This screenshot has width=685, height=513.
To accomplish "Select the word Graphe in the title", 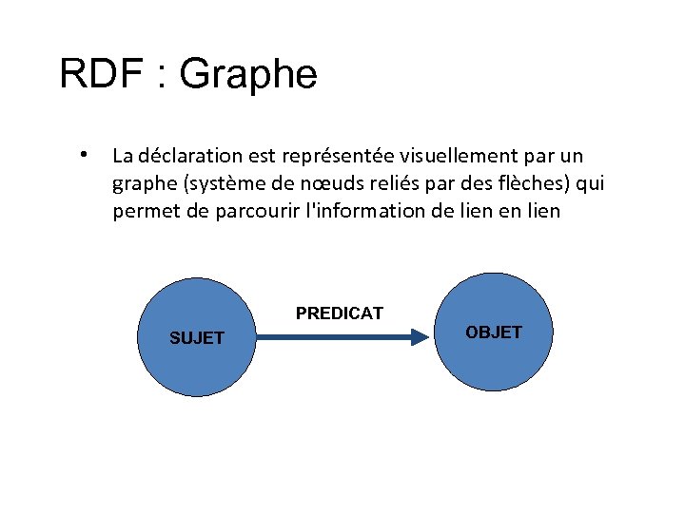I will (248, 74).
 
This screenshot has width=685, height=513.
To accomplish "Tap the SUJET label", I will (196, 337).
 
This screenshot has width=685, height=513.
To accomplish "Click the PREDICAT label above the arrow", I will (340, 313).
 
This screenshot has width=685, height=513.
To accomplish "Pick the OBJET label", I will (494, 332).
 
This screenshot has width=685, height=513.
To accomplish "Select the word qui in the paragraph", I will (590, 183).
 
